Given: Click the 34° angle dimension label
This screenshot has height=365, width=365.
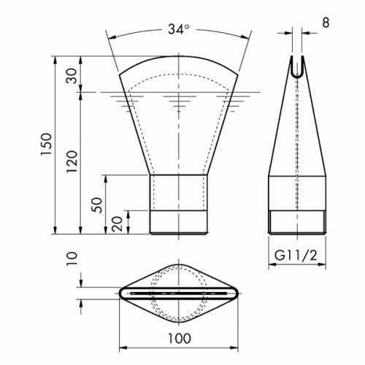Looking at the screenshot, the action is tap(178, 29).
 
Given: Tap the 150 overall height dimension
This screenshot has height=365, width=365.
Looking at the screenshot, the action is tap(46, 144).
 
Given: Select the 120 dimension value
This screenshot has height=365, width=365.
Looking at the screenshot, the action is tap(72, 161).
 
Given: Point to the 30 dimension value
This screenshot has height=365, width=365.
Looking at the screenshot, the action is tap(72, 76).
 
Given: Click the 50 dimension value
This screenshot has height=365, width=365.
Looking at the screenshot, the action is tap(98, 205).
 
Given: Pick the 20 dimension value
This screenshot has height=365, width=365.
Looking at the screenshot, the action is tap(118, 223).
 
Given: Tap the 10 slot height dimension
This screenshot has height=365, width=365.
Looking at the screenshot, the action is tap(72, 259).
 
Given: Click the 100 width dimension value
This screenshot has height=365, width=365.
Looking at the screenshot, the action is tap(180, 338).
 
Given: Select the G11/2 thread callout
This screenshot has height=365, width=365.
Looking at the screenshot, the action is tap(296, 255).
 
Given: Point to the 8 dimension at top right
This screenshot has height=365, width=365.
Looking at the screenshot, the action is tap(326, 23).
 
